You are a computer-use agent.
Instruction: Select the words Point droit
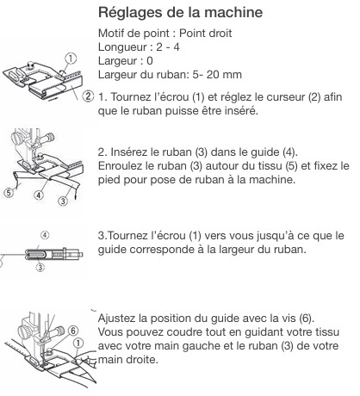(205, 34)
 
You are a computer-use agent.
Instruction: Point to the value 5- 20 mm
(217, 75)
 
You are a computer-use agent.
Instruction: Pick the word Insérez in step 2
(126, 152)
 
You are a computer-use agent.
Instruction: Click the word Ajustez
(116, 319)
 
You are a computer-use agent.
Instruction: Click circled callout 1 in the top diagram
(71, 59)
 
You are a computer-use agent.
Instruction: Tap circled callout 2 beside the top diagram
(88, 96)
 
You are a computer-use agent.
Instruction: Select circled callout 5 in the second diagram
(9, 193)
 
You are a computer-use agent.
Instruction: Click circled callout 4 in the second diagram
(39, 195)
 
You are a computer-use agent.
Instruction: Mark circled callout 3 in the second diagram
(63, 201)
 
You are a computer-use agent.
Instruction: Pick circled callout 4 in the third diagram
(45, 235)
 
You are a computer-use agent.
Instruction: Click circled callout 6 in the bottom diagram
(73, 331)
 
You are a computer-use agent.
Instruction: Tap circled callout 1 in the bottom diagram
(78, 343)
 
